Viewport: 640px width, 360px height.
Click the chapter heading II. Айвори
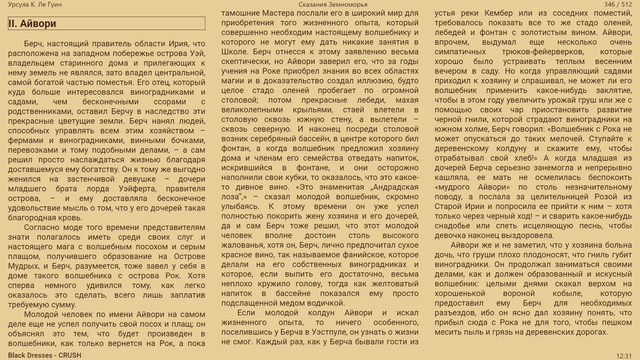pyautogui.click(x=32, y=23)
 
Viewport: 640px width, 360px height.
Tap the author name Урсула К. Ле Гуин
pyautogui.click(x=35, y=4)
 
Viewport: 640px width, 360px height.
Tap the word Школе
pyautogui.click(x=235, y=51)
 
